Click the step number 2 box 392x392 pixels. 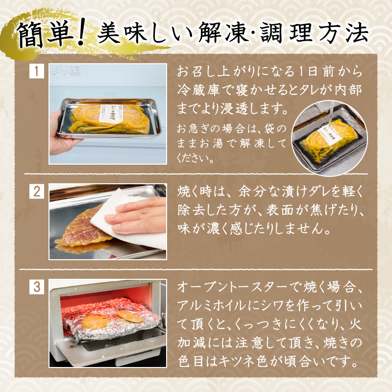click(x=36, y=191)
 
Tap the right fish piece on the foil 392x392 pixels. click(x=130, y=316)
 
